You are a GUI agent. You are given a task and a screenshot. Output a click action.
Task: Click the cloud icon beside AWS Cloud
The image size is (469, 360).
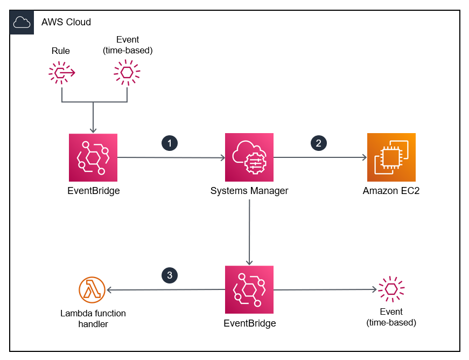click(22, 22)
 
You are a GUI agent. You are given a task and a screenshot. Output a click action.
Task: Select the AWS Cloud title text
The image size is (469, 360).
click(66, 22)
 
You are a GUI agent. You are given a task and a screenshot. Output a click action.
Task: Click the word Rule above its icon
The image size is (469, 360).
click(61, 51)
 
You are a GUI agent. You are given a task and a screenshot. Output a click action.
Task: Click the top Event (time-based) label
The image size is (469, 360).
click(127, 45)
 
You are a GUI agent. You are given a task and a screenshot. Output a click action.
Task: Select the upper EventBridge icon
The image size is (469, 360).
click(93, 157)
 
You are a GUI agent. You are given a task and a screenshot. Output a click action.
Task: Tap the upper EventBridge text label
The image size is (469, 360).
click(93, 190)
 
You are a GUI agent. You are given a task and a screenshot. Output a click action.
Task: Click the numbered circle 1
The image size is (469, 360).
click(170, 143)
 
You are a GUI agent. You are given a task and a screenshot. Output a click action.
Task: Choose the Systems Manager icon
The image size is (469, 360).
click(249, 157)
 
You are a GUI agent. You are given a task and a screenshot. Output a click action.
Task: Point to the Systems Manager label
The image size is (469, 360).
click(249, 190)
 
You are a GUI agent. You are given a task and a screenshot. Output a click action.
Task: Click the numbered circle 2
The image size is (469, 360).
click(319, 143)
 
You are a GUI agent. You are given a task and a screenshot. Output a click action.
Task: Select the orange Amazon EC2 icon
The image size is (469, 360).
click(391, 157)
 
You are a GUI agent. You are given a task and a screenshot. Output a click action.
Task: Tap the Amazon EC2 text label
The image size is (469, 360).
click(391, 190)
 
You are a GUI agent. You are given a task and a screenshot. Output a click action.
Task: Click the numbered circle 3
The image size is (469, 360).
click(170, 275)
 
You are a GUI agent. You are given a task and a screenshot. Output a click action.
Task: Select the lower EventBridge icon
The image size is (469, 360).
click(249, 290)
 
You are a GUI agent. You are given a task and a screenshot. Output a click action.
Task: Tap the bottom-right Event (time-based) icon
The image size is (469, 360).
click(391, 289)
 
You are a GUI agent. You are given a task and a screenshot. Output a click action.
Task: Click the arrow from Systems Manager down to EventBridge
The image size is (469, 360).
click(249, 232)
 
